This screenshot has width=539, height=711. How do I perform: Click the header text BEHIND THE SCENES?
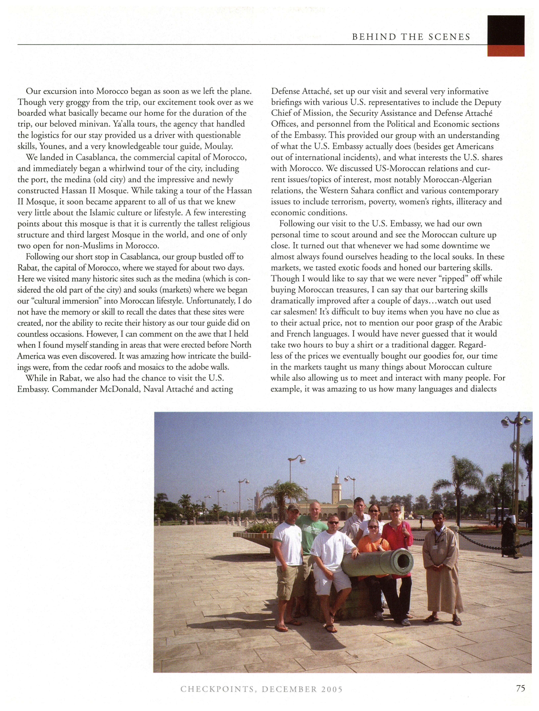(411, 37)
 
